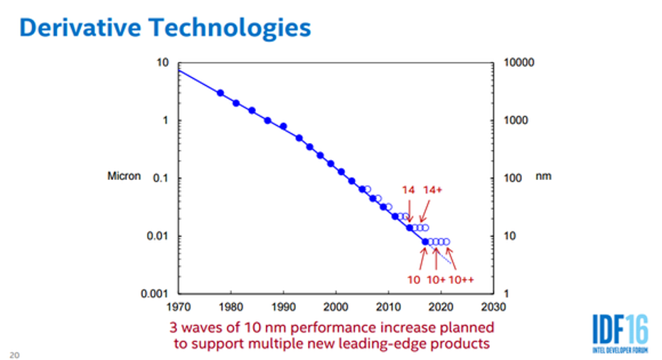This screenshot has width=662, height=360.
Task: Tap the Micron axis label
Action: tap(124, 176)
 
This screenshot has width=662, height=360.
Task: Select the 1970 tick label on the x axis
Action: tap(178, 307)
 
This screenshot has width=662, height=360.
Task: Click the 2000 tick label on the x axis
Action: tap(336, 307)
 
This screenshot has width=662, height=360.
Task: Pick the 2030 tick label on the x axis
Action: tap(493, 307)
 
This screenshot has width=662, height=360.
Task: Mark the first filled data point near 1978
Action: tap(220, 93)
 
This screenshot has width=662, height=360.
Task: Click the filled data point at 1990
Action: tap(283, 127)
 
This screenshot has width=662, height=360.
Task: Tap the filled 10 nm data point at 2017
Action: tap(425, 242)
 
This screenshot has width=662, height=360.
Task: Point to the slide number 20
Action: tap(14, 354)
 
